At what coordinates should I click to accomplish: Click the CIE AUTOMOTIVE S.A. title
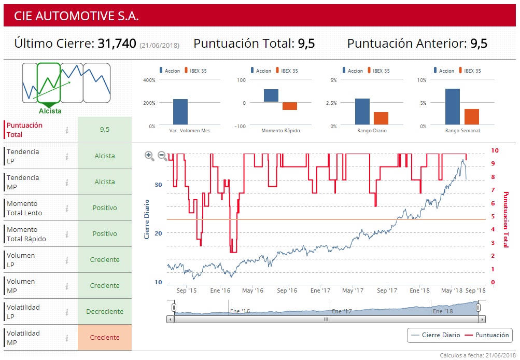(77, 16)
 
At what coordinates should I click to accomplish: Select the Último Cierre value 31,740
(117, 44)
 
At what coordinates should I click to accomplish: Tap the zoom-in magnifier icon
(149, 156)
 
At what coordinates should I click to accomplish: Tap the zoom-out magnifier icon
(162, 156)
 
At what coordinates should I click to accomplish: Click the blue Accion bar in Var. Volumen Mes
(180, 112)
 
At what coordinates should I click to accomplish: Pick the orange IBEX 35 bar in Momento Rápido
(290, 106)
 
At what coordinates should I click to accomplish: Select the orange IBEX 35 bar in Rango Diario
(381, 118)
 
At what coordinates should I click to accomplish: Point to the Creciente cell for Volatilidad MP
(105, 338)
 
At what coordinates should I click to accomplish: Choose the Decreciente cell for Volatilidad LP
(105, 312)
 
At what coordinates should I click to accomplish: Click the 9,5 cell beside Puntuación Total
(105, 130)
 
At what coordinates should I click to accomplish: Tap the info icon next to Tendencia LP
(67, 156)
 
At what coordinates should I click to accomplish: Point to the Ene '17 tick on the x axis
(321, 290)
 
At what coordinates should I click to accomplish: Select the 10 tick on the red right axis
(495, 150)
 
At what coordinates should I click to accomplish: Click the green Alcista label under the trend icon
(50, 111)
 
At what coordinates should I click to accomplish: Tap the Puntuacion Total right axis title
(505, 219)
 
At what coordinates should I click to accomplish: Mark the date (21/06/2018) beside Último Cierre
(160, 46)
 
